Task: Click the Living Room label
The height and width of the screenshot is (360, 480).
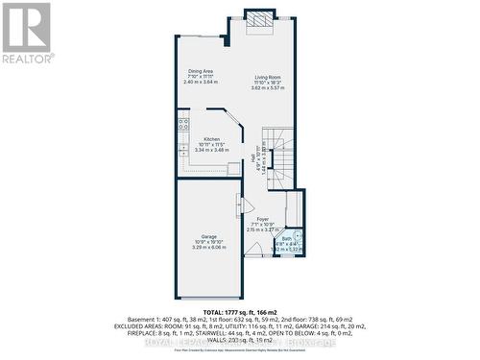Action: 267,77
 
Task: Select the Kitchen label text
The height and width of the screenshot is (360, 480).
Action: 211,139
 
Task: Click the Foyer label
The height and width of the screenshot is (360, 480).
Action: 261,220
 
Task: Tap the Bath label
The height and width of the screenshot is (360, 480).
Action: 286,238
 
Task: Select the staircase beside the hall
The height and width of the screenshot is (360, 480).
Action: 280,154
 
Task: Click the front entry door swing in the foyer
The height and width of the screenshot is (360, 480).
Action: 254,250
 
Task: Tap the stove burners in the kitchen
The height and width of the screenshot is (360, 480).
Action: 181,125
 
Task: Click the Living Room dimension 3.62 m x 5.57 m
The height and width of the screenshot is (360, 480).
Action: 267,87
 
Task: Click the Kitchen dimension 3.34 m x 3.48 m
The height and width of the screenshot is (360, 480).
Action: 211,150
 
